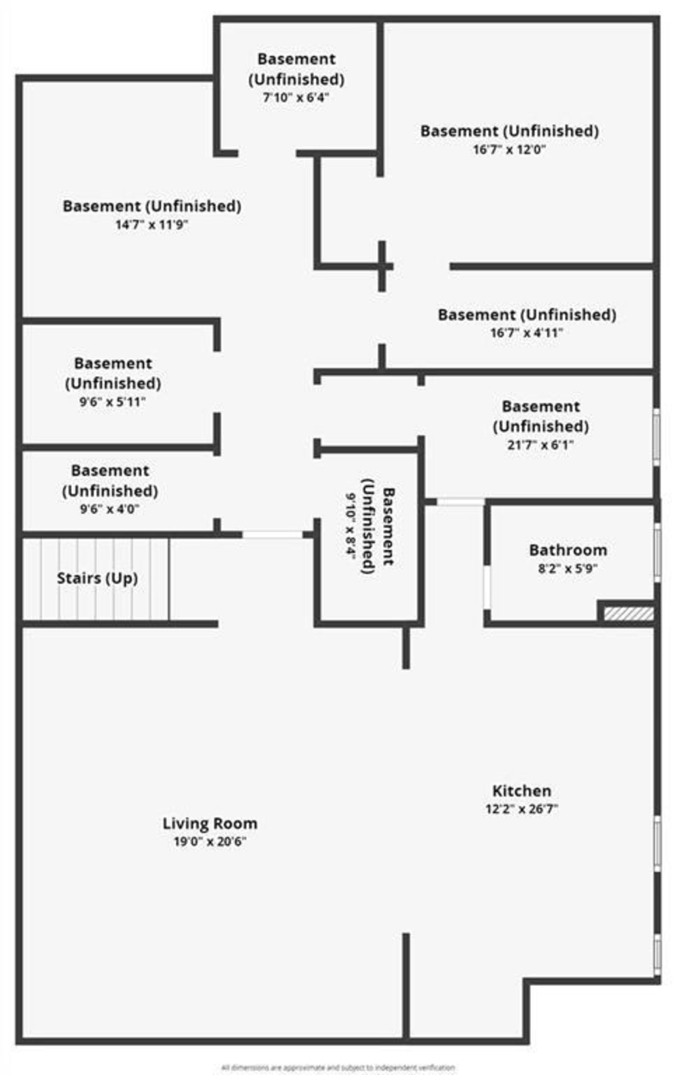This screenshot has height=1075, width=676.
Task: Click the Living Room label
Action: pos(210,823)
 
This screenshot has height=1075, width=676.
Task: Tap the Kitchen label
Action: pos(521,791)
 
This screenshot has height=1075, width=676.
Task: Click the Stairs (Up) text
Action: pos(97,578)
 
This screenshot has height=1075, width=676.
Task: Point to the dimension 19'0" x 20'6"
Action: pos(210,841)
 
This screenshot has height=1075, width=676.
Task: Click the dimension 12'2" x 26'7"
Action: pos(521,809)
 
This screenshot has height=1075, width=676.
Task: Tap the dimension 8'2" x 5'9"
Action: pos(567,568)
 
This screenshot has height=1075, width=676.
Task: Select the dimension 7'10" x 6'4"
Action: pos(296,97)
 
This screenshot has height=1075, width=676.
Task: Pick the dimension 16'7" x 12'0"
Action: pos(510,149)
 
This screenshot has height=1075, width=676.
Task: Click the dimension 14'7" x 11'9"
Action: pos(151,224)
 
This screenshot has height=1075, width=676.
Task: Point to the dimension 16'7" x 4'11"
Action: pos(526,333)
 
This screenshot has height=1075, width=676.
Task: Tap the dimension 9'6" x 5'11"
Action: pos(112,402)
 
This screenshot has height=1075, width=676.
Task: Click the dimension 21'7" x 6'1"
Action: pos(540,445)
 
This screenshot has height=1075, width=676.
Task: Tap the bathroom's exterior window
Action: pos(657,552)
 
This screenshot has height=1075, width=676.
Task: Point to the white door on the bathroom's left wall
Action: pos(487,587)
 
